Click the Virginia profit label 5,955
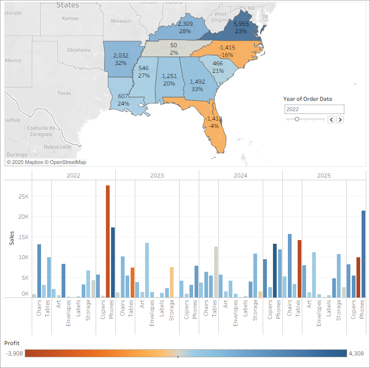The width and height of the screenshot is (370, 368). tap(241, 24)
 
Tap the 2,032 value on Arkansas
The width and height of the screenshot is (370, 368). tap(120, 56)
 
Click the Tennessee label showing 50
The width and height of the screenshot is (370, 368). tap(174, 45)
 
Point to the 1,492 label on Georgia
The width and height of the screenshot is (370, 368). tap(197, 81)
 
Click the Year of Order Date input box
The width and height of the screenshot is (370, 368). tap(314, 109)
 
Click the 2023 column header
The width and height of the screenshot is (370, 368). tap(157, 176)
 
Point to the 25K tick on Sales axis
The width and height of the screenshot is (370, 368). tap(23, 196)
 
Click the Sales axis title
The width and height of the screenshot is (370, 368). tap(12, 238)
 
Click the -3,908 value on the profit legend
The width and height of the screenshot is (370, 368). tap(15, 354)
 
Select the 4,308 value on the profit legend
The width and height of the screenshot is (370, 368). tap(357, 354)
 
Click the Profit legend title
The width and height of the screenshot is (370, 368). tap(12, 343)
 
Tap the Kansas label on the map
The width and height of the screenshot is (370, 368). tap(70, 19)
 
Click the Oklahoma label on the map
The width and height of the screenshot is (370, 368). tap(78, 50)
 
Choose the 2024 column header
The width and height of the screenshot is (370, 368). tap(240, 176)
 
